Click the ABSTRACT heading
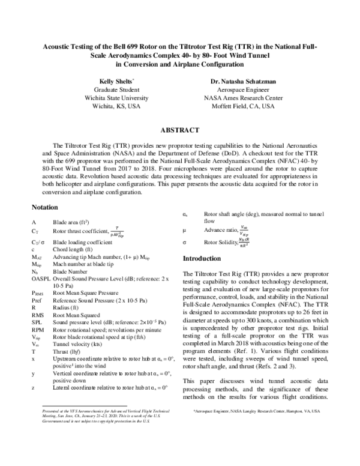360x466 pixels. (x=179, y=130)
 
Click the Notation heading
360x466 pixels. (x=46, y=207)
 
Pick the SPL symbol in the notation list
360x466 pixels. (x=36, y=322)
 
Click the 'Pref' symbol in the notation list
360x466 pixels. (x=37, y=297)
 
